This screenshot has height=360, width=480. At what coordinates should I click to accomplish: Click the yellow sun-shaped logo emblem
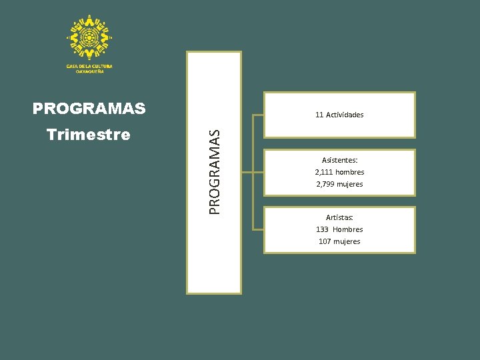[89, 37]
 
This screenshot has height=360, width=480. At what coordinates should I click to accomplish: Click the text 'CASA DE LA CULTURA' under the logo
[89, 66]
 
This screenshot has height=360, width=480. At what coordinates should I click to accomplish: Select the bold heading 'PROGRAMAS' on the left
[89, 108]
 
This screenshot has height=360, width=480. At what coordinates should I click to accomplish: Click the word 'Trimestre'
[89, 135]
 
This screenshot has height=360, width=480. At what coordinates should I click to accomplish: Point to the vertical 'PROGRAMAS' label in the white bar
[213, 171]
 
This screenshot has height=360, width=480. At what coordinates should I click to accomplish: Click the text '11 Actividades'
[339, 115]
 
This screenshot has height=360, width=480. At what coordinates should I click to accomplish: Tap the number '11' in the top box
[319, 115]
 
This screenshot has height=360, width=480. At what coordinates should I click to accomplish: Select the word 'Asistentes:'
[339, 160]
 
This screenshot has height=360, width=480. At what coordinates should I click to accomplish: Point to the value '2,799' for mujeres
[325, 184]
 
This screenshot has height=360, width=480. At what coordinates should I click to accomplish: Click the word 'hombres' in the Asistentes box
[350, 172]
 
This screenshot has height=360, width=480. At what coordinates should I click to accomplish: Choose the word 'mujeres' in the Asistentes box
[350, 184]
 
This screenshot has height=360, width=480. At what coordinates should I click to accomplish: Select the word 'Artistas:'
[339, 217]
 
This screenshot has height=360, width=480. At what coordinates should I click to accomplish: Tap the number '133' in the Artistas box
[323, 229]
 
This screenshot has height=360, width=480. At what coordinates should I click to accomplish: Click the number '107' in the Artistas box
[325, 241]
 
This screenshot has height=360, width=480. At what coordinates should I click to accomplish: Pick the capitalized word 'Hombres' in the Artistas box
[348, 229]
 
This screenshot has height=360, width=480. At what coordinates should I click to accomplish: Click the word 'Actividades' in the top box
[345, 115]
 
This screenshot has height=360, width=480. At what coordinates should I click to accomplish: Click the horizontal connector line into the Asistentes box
[259, 172]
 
